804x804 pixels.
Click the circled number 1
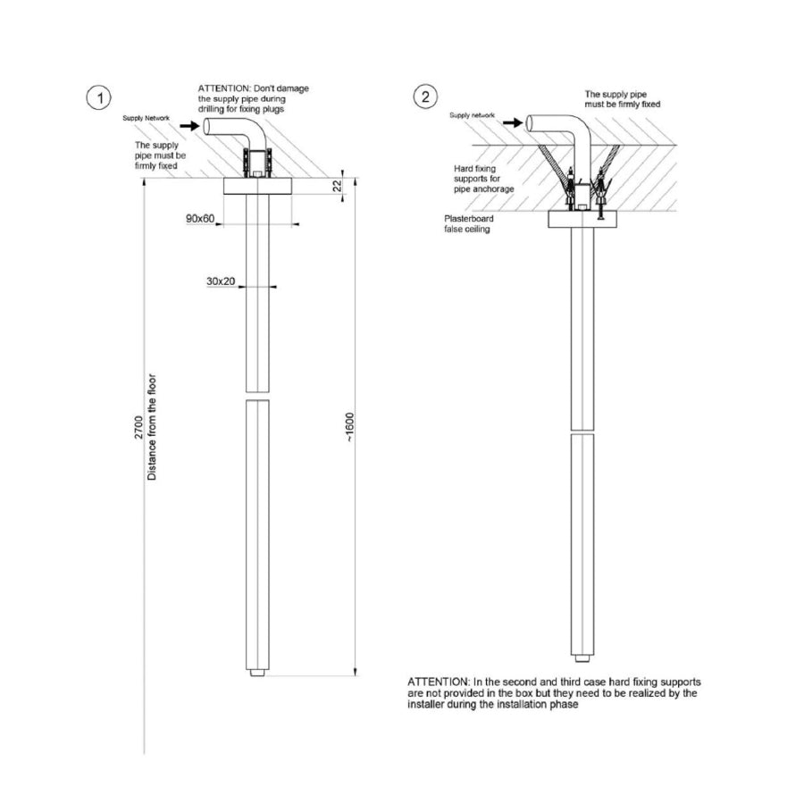tap(98, 98)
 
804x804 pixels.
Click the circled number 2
tap(425, 96)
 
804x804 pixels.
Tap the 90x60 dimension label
tap(200, 219)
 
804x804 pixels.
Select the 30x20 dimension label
tap(221, 281)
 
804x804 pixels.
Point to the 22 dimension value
tap(337, 186)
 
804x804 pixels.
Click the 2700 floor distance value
tap(139, 427)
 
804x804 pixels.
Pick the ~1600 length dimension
tap(349, 427)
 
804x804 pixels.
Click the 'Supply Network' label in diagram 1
tap(146, 118)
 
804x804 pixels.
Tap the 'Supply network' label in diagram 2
tap(472, 115)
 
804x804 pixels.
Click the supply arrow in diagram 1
tap(189, 125)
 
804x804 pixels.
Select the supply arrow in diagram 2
tap(513, 122)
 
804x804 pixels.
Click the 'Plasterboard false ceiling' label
tap(469, 223)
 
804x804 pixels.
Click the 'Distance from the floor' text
tap(152, 427)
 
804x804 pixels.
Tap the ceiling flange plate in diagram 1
tap(257, 186)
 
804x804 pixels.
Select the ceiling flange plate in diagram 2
tap(582, 220)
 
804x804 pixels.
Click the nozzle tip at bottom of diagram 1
tap(258, 672)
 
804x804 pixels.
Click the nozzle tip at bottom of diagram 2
tap(582, 657)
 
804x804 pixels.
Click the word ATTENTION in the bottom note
tap(438, 682)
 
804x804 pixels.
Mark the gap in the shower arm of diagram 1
tap(257, 396)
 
